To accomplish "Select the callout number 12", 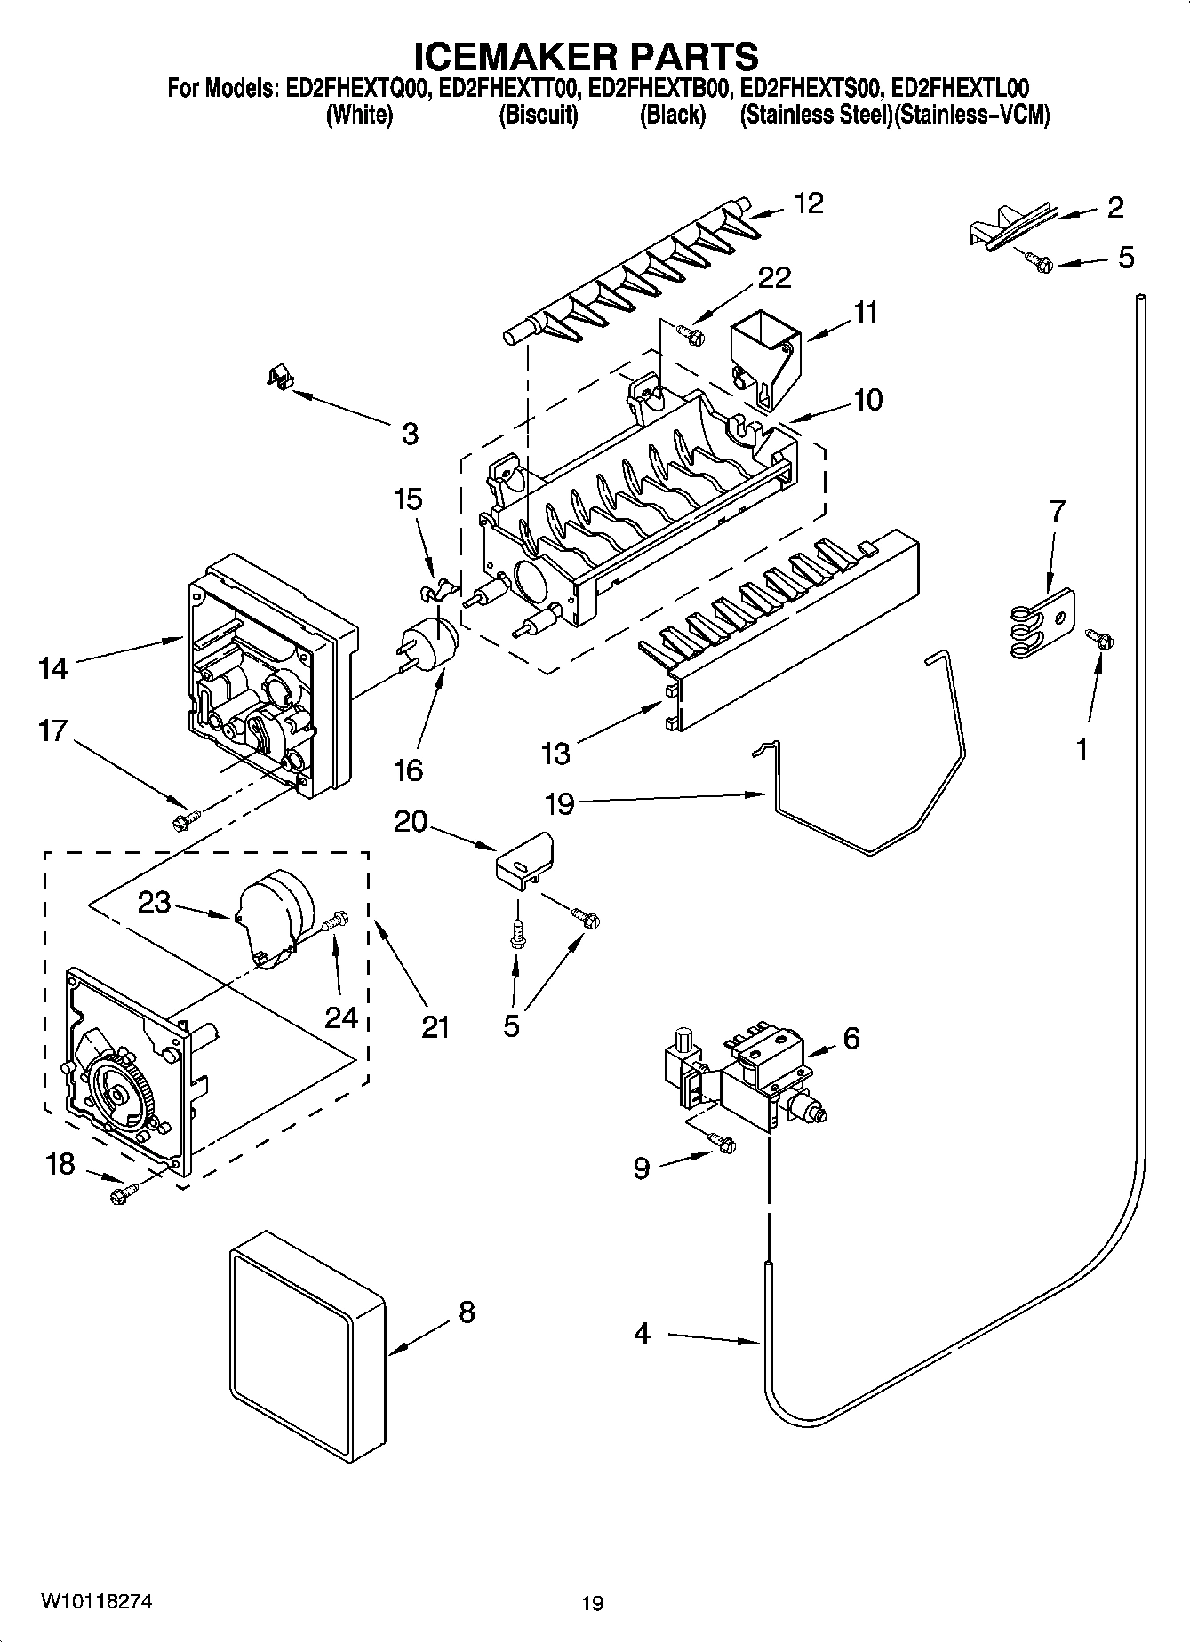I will point(808,203).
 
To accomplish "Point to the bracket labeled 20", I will point(524,859).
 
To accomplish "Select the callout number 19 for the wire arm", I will point(559,803).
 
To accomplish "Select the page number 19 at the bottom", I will point(592,1602).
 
